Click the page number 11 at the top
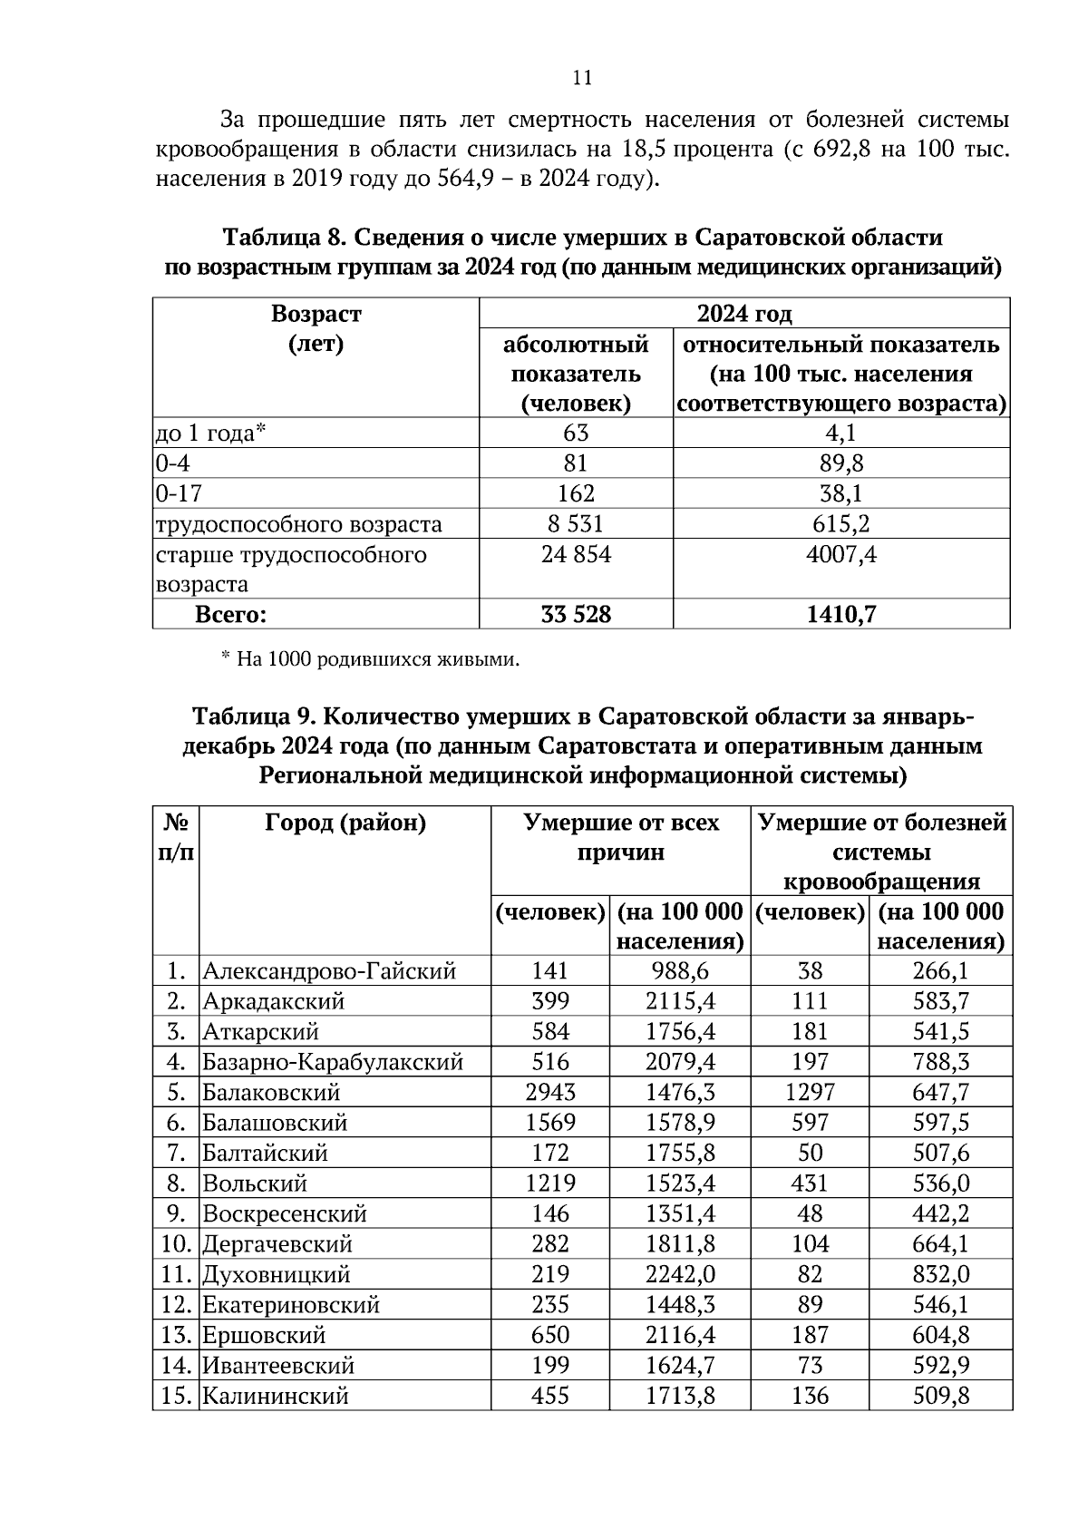pyautogui.click(x=582, y=78)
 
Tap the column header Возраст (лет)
pyautogui.click(x=316, y=329)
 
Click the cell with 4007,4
pyautogui.click(x=840, y=554)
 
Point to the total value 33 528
pyautogui.click(x=576, y=615)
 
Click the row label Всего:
pyautogui.click(x=231, y=615)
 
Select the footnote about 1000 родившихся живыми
pyautogui.click(x=371, y=659)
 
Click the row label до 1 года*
pyautogui.click(x=210, y=433)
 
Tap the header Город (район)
pyautogui.click(x=345, y=823)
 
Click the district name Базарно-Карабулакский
pyautogui.click(x=333, y=1062)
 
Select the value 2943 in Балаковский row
pyautogui.click(x=550, y=1093)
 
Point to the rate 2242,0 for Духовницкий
pyautogui.click(x=680, y=1274)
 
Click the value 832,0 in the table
pyautogui.click(x=940, y=1274)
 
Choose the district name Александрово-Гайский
pyautogui.click(x=329, y=971)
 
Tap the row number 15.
pyautogui.click(x=175, y=1396)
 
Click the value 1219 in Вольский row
pyautogui.click(x=550, y=1183)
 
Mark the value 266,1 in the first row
pyautogui.click(x=940, y=971)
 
